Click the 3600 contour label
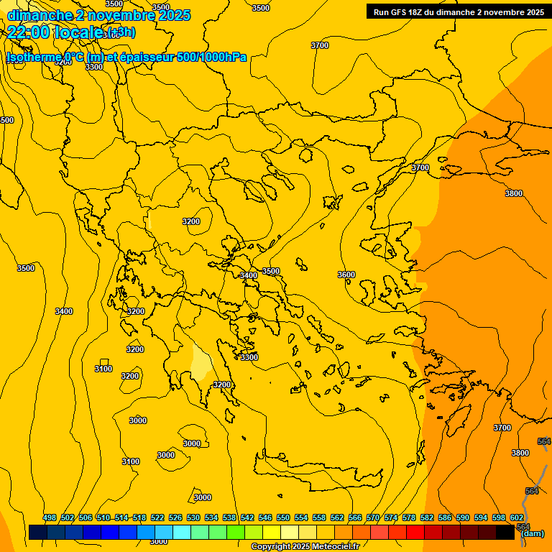pos(346,275)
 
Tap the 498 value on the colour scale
pos(50,517)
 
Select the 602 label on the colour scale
pos(517,517)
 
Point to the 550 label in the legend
pos(283,517)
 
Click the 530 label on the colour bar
pos(193,517)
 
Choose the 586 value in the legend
pos(445,517)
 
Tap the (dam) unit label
pos(532,533)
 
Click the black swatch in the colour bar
pos(505,533)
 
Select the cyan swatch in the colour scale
pos(182,533)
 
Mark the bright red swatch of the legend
pos(415,533)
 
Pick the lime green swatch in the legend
pos(236,533)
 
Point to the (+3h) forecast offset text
pos(120,32)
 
